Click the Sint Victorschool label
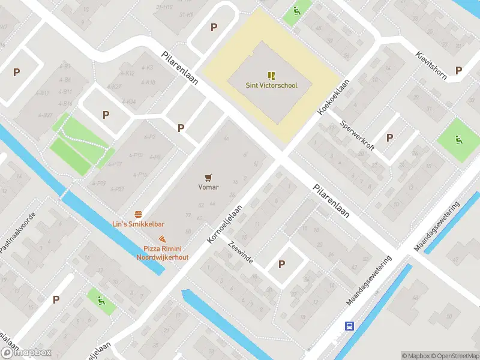pyautogui.click(x=271, y=85)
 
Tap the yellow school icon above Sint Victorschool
pyautogui.click(x=271, y=76)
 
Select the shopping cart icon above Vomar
pyautogui.click(x=208, y=177)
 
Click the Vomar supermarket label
pyautogui.click(x=208, y=187)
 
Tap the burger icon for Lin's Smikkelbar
pyautogui.click(x=139, y=214)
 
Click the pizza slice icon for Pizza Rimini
pyautogui.click(x=162, y=239)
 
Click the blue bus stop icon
pyautogui.click(x=349, y=326)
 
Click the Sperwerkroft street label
pyautogui.click(x=357, y=136)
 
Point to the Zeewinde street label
pyautogui.click(x=240, y=253)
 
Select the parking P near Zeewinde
pyautogui.click(x=281, y=264)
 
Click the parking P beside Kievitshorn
pyautogui.click(x=458, y=70)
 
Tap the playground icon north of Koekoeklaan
pyautogui.click(x=296, y=11)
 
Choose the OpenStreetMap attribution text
pyautogui.click(x=454, y=356)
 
